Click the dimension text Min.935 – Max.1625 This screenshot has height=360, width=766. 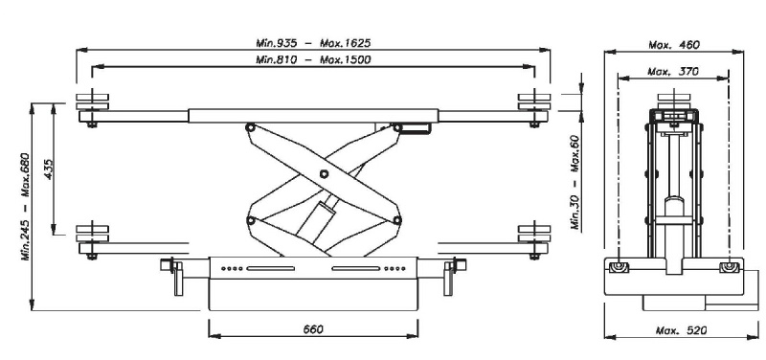tap(313, 43)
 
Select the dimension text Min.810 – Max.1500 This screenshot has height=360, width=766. tap(313, 59)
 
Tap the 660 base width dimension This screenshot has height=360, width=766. tap(313, 329)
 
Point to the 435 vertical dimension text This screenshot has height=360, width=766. tap(47, 169)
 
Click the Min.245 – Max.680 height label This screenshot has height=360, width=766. tap(26, 207)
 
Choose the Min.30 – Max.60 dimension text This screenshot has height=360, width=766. tap(575, 182)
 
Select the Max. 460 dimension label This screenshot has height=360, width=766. tap(674, 44)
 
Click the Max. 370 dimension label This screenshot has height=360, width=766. tap(673, 71)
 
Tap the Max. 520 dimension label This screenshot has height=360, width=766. tap(681, 330)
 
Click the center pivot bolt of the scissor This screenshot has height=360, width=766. tap(324, 173)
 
